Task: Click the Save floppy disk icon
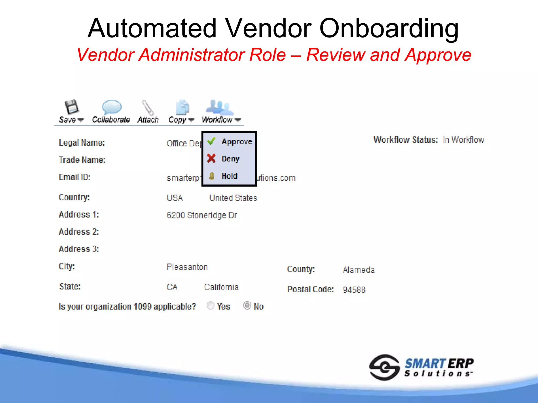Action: (x=71, y=107)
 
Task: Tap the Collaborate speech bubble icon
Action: (x=111, y=107)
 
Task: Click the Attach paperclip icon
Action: (x=148, y=107)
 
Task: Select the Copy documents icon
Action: (x=182, y=107)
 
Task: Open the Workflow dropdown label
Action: (x=217, y=120)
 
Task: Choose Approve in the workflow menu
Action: (x=237, y=142)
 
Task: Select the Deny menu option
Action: (x=230, y=159)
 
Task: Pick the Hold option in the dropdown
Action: (x=229, y=176)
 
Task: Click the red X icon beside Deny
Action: (x=211, y=158)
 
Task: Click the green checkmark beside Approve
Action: (x=211, y=141)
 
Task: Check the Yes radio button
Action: (x=210, y=305)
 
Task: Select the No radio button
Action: (x=247, y=305)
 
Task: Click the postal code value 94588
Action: (x=354, y=290)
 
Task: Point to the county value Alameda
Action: (x=359, y=270)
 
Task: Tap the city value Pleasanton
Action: (x=187, y=267)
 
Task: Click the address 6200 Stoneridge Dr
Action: (x=202, y=215)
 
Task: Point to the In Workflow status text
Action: (x=463, y=140)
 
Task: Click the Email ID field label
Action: (x=75, y=177)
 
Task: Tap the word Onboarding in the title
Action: (x=389, y=28)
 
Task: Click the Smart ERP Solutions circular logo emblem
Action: (x=384, y=367)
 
